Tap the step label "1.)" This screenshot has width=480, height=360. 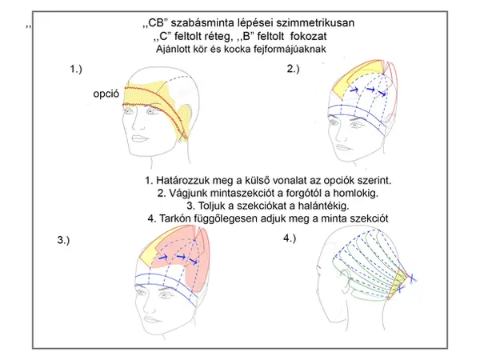[77, 70]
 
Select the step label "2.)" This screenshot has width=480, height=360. [293, 70]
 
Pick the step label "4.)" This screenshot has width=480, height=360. [290, 238]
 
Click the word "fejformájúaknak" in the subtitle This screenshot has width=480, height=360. [281, 49]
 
